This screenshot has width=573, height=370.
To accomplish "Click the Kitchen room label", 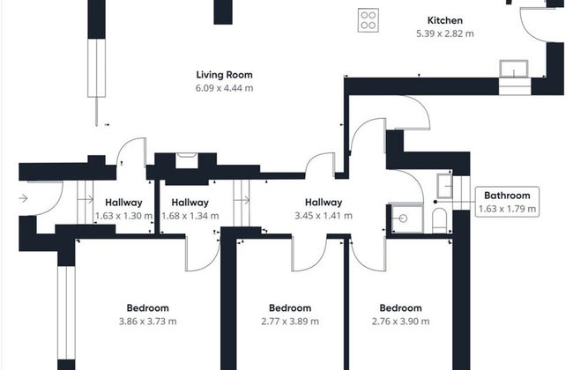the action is (x=444, y=20).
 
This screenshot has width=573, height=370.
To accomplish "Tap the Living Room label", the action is (x=225, y=75).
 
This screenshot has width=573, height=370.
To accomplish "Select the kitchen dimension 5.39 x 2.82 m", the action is (x=444, y=33).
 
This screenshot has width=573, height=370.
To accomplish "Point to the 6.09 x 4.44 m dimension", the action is (x=225, y=88).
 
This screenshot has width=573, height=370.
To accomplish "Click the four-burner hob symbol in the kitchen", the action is (x=368, y=20).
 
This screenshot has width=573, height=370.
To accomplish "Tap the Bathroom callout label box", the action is (x=507, y=202).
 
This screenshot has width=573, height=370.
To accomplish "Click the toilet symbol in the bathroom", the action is (x=439, y=220).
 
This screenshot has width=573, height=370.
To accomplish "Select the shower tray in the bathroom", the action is (x=406, y=218).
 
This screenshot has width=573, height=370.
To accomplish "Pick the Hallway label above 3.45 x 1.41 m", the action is (x=324, y=203).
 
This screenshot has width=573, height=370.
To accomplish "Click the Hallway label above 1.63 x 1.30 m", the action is (x=123, y=203).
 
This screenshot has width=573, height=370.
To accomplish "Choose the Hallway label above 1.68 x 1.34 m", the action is (x=190, y=203).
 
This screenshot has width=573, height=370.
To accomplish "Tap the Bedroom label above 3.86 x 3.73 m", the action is (x=147, y=308).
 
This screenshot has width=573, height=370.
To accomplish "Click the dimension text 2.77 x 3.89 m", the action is (x=290, y=322).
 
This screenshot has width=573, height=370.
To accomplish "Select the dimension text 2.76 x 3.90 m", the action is (x=400, y=322).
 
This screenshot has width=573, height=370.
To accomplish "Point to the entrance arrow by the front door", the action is (x=23, y=198).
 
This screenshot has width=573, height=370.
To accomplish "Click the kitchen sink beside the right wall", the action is (x=514, y=69).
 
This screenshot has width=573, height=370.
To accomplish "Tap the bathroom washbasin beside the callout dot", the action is (x=444, y=186).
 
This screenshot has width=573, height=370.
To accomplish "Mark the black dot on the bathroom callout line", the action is (x=435, y=202).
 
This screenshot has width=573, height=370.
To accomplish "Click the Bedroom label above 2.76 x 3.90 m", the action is (x=400, y=308).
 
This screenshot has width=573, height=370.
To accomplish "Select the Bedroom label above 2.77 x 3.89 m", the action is (x=290, y=308).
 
